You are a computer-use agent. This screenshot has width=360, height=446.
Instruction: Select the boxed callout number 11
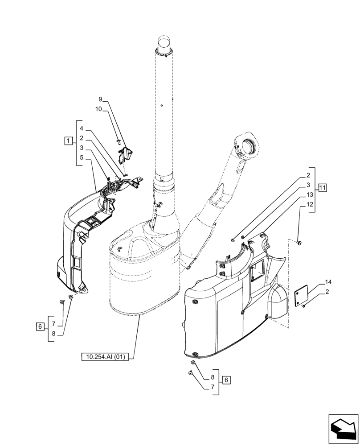pyautogui.click(x=322, y=187)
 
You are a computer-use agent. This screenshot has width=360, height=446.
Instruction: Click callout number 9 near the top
pyautogui.click(x=100, y=99)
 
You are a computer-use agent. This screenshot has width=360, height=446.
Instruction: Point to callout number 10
pyautogui.click(x=98, y=109)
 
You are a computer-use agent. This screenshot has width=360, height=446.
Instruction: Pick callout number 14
pyautogui.click(x=328, y=282)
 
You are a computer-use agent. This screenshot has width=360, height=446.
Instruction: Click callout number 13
pyautogui.click(x=309, y=194)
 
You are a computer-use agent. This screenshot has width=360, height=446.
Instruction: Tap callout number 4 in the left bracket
pyautogui.click(x=82, y=128)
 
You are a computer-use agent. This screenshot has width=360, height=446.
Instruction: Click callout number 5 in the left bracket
pyautogui.click(x=82, y=157)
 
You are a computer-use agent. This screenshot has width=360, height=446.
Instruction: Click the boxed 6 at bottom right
pyautogui.click(x=227, y=380)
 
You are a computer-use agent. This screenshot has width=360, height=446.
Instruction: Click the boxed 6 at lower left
pyautogui.click(x=40, y=327)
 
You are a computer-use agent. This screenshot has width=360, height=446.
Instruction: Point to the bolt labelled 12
pyautogui.click(x=299, y=242)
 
